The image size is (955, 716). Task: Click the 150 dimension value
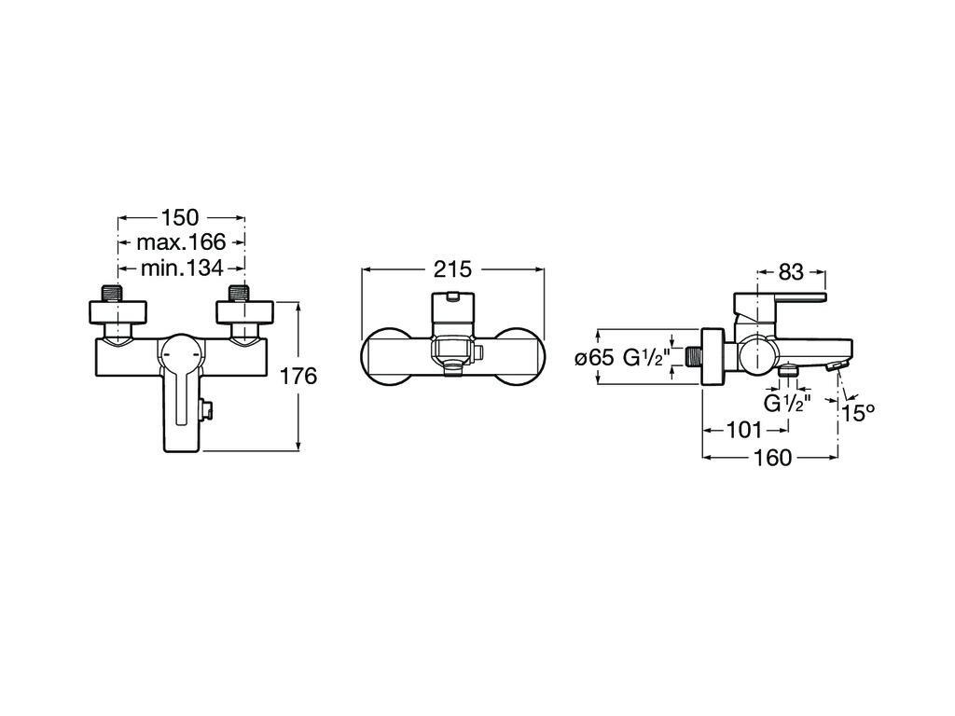[x=180, y=216]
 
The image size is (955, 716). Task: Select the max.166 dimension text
[x=181, y=242]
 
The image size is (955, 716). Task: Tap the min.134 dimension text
[x=182, y=268]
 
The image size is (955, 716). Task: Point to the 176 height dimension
[x=298, y=377]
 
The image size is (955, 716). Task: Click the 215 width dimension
[x=452, y=269]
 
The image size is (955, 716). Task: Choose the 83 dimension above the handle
[x=791, y=271]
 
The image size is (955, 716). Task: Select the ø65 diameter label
[x=594, y=357]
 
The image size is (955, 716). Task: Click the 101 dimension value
[x=744, y=431]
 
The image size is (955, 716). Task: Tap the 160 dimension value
[x=772, y=458]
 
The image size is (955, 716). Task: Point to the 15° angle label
[x=859, y=414]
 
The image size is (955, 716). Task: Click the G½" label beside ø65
[x=646, y=357]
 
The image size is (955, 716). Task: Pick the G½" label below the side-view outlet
[x=787, y=404]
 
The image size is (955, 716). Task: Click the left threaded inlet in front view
[x=118, y=293]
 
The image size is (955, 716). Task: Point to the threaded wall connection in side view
[x=693, y=357]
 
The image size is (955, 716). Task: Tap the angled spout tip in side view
[x=837, y=365]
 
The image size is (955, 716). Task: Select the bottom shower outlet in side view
[x=789, y=369]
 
